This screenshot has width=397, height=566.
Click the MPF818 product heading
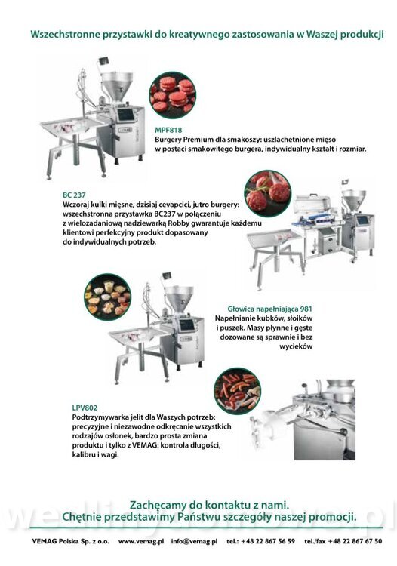click(x=168, y=130)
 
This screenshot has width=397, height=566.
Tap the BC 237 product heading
click(x=74, y=195)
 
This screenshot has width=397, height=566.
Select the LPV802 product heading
click(x=85, y=408)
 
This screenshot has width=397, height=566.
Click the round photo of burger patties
click(x=173, y=94)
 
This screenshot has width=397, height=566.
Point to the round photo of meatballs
click(x=267, y=193)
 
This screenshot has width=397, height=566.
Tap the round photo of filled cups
click(x=107, y=297)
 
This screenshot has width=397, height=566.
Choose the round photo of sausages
click(x=238, y=391)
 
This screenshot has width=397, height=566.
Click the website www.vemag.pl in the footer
click(x=141, y=541)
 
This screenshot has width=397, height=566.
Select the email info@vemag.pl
click(x=194, y=541)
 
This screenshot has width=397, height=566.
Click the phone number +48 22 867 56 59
click(x=268, y=541)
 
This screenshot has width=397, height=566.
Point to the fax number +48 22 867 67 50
click(x=355, y=541)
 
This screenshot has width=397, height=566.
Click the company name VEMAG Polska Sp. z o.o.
click(x=70, y=541)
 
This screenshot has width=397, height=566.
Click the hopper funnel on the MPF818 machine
click(x=117, y=85)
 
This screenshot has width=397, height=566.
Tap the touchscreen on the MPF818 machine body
click(x=125, y=115)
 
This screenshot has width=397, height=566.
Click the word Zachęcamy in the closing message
click(x=155, y=504)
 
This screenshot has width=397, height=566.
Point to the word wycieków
click(x=296, y=346)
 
